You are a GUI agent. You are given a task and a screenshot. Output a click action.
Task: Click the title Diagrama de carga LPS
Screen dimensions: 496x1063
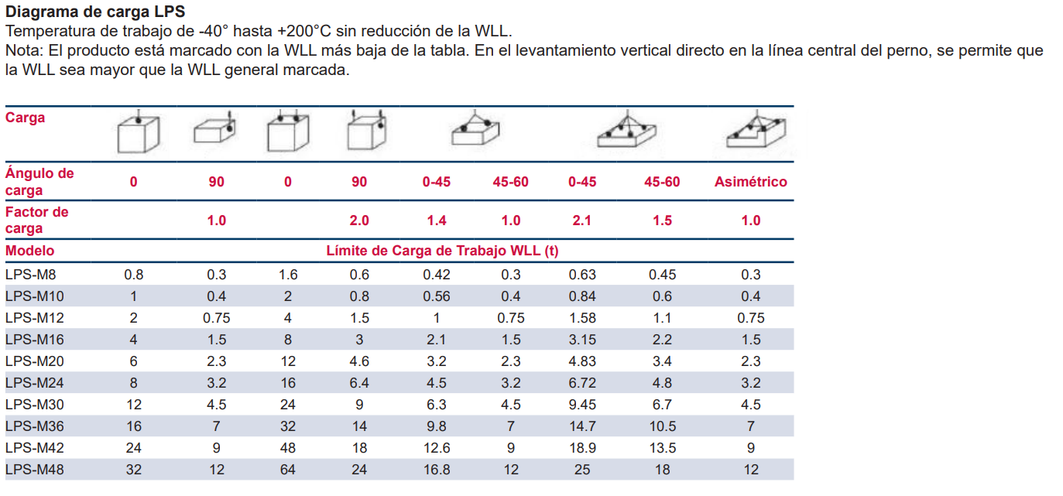tap(95, 12)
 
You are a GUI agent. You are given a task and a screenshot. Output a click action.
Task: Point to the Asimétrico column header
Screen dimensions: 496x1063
tap(750, 182)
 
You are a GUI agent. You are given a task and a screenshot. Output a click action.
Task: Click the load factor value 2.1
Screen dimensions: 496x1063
tap(581, 221)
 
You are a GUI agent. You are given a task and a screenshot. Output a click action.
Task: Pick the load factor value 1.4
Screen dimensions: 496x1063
tap(437, 221)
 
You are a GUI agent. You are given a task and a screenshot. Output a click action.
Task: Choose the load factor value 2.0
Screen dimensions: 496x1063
tap(359, 221)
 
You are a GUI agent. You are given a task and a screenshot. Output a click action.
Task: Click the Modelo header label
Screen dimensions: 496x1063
tap(30, 251)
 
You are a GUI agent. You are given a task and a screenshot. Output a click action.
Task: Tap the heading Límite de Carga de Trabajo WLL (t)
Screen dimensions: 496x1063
tap(442, 251)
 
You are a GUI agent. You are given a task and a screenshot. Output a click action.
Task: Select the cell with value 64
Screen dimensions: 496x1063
tap(288, 470)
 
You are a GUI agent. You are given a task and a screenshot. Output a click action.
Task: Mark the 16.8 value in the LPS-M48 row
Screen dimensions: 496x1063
tap(437, 470)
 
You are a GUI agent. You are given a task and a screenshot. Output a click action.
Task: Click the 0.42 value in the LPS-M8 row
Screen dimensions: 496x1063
tap(437, 275)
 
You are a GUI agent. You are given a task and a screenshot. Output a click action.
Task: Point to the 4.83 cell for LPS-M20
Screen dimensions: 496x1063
tap(582, 361)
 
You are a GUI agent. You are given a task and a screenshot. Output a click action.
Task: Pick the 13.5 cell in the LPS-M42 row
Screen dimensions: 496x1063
tap(662, 448)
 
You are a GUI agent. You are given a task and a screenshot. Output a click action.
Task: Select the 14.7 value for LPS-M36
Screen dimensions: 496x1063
tap(582, 426)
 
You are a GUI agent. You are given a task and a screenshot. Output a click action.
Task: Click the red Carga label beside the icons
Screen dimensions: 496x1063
tap(26, 118)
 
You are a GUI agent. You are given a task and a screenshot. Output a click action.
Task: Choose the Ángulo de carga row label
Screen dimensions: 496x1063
tap(39, 182)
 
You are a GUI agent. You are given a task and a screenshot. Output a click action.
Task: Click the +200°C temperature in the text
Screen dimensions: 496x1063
tap(306, 32)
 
